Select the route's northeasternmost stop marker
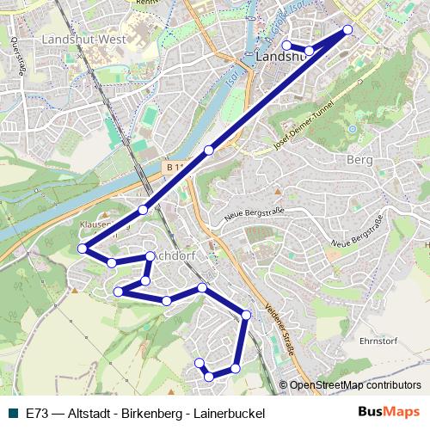(x=348, y=30)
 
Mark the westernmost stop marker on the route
(x=83, y=249)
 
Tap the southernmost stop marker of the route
(x=209, y=377)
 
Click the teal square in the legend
(x=11, y=413)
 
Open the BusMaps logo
(x=389, y=412)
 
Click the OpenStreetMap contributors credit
(x=355, y=386)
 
